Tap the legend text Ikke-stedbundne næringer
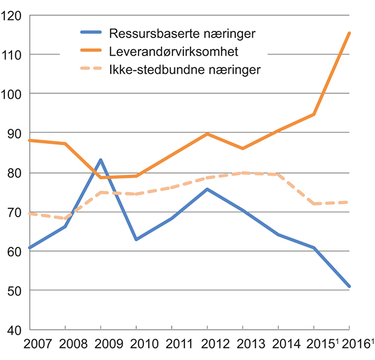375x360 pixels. click(x=185, y=70)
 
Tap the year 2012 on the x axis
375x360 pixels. click(x=207, y=344)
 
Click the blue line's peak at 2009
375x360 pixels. click(x=100, y=160)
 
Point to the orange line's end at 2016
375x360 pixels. click(x=349, y=33)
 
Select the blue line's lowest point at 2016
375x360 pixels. click(x=349, y=286)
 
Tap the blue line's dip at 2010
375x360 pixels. click(x=136, y=240)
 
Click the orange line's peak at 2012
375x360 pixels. click(x=207, y=134)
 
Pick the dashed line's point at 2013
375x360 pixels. click(x=243, y=172)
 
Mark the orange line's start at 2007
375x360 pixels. click(x=30, y=140)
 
